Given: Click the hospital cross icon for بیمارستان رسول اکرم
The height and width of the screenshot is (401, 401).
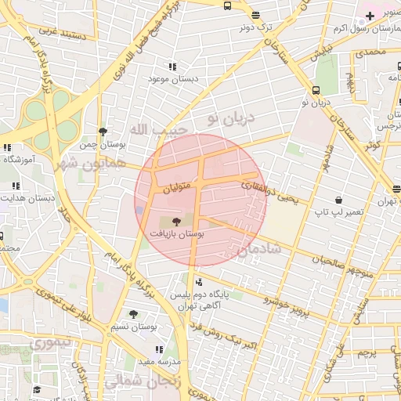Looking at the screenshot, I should (x=370, y=16).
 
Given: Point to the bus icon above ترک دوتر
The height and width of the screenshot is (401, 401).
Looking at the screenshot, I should (x=255, y=14).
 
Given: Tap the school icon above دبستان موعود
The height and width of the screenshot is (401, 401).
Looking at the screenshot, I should (x=172, y=67).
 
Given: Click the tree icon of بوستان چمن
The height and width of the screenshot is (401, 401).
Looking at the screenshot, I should (x=103, y=132).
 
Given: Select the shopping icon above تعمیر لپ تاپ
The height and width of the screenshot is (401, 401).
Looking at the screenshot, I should (x=338, y=200).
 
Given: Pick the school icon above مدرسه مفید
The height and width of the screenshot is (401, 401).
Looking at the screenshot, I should (x=159, y=350).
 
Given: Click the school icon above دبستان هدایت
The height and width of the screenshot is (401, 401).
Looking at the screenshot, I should (x=15, y=186).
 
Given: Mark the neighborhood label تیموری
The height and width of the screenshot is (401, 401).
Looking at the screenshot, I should (x=48, y=343).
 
